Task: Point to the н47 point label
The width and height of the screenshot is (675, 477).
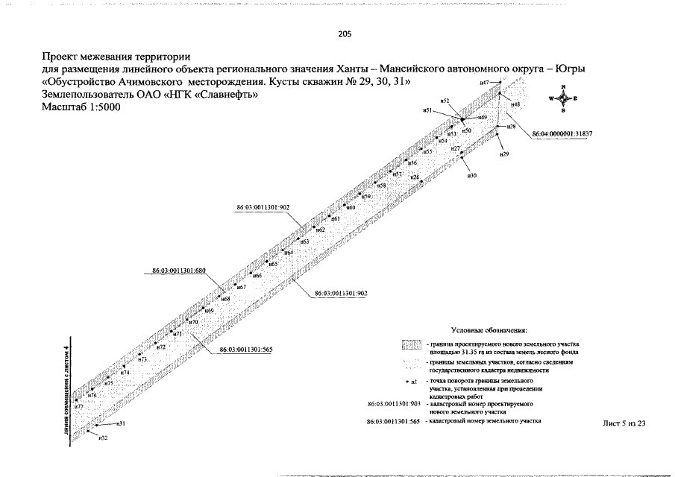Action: pyautogui.click(x=484, y=82)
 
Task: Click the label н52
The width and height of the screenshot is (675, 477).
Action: pyautogui.click(x=445, y=100)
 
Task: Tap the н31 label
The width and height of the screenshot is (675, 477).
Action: pyautogui.click(x=121, y=423)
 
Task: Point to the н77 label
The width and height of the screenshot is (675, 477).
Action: pyautogui.click(x=79, y=406)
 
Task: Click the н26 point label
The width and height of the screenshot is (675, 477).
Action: pyautogui.click(x=415, y=177)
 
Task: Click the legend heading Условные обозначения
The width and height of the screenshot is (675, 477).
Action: pyautogui.click(x=490, y=329)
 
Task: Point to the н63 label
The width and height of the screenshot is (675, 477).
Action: pyautogui.click(x=304, y=242)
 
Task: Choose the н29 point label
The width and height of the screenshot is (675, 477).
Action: pyautogui.click(x=503, y=154)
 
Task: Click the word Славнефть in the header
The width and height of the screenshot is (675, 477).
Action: pyautogui.click(x=221, y=94)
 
